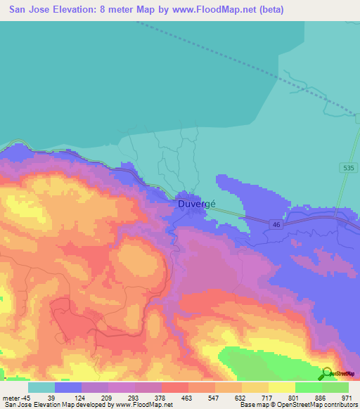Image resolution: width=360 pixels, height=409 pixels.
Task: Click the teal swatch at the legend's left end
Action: pos(41,387)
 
